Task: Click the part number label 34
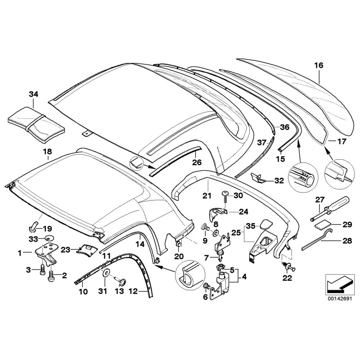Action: point(34,94)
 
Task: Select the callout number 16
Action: point(319,66)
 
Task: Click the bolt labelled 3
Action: point(42,270)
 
